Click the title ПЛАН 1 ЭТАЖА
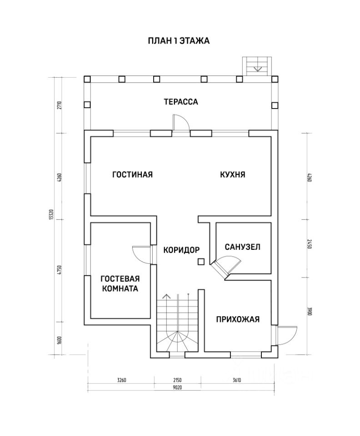(x=178, y=41)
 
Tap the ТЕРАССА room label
(x=181, y=102)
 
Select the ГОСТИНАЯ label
(x=132, y=174)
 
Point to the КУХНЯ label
(x=232, y=174)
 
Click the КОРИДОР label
(x=181, y=249)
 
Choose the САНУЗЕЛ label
(x=242, y=247)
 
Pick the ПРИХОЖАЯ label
(x=238, y=319)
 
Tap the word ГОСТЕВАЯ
(x=120, y=279)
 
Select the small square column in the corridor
(x=200, y=261)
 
